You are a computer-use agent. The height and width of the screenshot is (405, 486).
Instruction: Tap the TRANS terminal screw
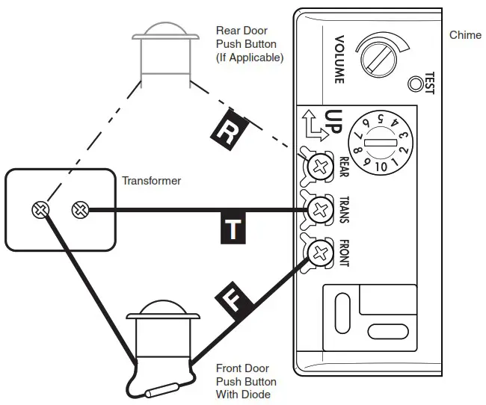(321, 208)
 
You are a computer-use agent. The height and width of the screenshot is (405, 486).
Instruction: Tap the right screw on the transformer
(79, 211)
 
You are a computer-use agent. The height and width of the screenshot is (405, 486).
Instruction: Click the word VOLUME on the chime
(338, 58)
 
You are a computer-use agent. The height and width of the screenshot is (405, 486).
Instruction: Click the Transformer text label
(152, 181)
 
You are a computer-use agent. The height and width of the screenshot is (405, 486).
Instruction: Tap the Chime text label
(465, 35)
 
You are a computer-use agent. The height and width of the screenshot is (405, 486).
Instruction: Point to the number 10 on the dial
(381, 166)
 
